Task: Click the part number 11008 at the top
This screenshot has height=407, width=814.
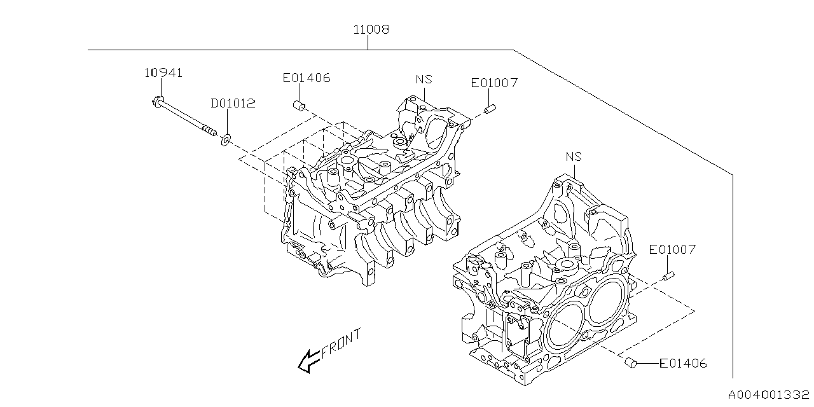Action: [371, 29]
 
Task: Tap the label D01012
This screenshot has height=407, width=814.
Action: [233, 103]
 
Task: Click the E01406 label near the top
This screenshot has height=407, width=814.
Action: [307, 78]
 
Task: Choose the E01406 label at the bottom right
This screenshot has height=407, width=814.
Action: [683, 364]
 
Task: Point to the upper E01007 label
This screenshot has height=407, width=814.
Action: [494, 83]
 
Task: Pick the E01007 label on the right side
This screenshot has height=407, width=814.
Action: [672, 250]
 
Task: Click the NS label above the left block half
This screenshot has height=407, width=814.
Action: [424, 79]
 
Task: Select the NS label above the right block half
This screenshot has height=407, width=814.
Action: [574, 156]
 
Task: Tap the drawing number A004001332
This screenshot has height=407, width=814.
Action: [769, 395]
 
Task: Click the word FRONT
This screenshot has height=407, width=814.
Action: [341, 343]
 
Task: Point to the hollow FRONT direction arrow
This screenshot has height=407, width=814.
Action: [309, 361]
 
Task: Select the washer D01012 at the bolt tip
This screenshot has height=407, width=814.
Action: [226, 139]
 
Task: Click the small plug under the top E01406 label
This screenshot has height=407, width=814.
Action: [298, 105]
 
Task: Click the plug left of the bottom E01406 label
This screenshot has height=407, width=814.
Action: [631, 362]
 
